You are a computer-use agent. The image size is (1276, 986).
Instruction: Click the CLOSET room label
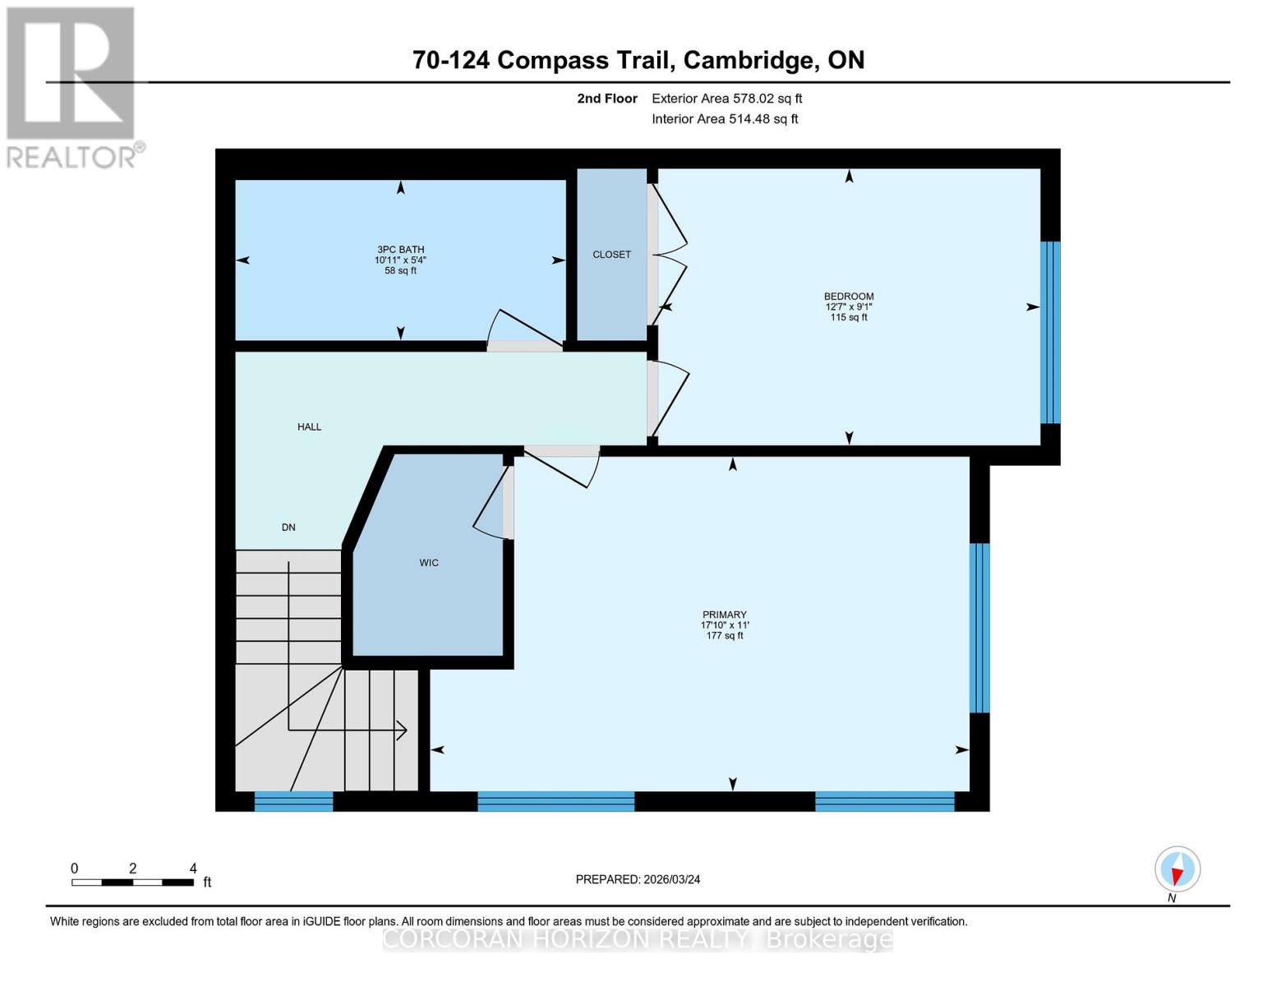point(611,255)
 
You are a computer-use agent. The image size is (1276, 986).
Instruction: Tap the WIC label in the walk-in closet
point(429,563)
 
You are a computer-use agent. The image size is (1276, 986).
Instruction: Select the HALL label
point(309,427)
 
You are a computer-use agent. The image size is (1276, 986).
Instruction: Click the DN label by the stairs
point(288,528)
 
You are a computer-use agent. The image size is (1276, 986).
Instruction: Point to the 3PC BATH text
point(400,250)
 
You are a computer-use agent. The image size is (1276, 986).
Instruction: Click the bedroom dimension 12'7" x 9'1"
point(849,307)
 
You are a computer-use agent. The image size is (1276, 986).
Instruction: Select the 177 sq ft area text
point(725,636)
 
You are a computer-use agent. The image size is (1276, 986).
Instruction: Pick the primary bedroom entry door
point(562,468)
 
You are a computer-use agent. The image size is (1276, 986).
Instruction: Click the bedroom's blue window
point(1050,332)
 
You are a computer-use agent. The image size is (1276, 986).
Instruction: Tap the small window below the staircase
point(293,801)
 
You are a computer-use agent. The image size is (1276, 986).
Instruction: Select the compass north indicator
point(1177,869)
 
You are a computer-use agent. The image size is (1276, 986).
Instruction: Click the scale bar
point(132,882)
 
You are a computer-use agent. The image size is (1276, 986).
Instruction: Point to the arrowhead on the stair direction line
point(403,730)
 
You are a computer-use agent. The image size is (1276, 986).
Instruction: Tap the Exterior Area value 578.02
point(753,99)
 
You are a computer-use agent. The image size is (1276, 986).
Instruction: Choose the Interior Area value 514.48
point(751,119)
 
